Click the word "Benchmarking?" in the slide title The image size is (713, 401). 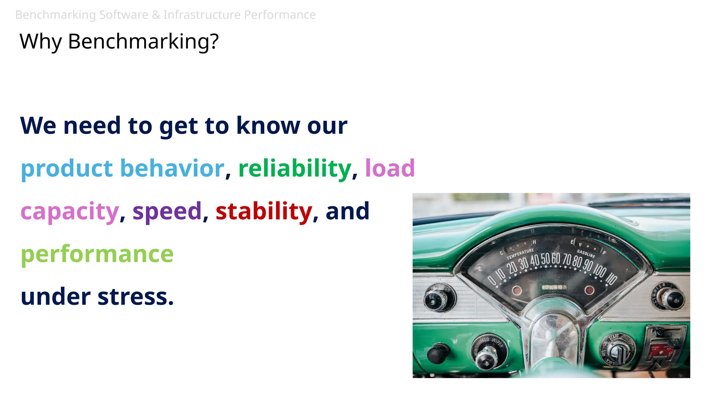143,41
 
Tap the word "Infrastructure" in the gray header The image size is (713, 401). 202,15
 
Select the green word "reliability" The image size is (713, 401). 295,168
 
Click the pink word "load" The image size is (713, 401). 390,168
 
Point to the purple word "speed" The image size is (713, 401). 167,211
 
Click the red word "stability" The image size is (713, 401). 264,211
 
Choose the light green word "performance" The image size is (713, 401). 97,254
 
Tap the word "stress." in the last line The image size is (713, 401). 135,297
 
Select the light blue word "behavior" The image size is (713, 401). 172,168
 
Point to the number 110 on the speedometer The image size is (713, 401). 611,278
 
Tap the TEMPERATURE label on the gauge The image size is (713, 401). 520,254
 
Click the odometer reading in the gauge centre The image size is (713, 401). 554,287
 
